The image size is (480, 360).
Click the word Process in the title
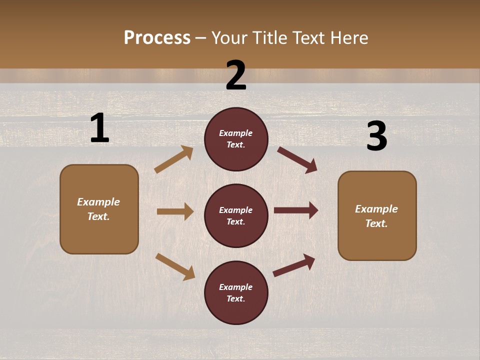[x=157, y=37]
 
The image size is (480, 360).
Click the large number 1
[x=99, y=128]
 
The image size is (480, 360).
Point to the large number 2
[x=236, y=75]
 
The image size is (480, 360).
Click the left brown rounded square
[x=99, y=209]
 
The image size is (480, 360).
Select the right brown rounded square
[x=377, y=215]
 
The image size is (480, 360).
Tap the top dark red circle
[x=236, y=139]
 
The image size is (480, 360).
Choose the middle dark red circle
[x=236, y=215]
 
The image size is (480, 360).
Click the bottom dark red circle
[x=236, y=292]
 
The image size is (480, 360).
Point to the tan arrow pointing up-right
[x=174, y=159]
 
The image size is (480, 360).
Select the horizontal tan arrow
[x=175, y=211]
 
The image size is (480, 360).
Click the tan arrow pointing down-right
[x=175, y=266]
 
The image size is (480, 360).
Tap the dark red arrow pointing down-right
[x=297, y=160]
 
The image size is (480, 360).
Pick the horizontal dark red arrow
[x=296, y=210]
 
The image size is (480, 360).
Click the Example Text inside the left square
[x=98, y=209]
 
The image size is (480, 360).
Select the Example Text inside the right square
[x=376, y=216]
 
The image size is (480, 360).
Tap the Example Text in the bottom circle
[x=236, y=292]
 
